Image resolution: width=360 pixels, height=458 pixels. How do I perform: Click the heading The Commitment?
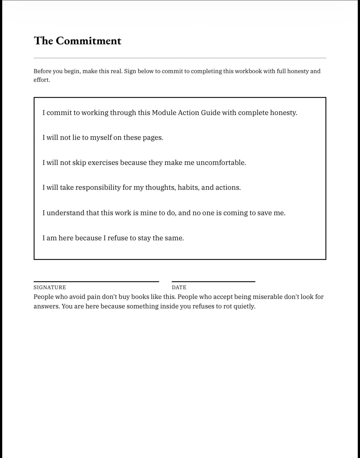coord(77,41)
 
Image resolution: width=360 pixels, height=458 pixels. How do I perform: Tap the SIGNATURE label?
coord(50,287)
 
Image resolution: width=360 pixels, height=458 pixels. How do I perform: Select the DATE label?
coord(179,287)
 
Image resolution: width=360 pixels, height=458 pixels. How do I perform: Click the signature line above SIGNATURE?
coord(96,281)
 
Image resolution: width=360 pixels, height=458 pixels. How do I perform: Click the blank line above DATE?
coord(213,281)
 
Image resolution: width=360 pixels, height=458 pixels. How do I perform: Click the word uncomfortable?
coord(221,163)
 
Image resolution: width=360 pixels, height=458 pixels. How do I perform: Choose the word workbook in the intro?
coord(248,71)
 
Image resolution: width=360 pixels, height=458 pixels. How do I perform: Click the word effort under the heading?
coord(41,80)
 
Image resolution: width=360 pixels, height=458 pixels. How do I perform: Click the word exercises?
coord(103,163)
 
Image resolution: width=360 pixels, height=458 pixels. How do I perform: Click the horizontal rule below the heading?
coord(180,58)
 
